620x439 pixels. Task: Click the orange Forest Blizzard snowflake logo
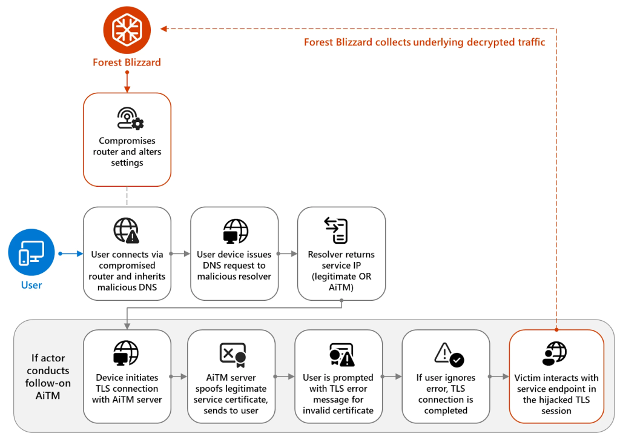[x=127, y=28]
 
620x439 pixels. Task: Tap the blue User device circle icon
[x=31, y=253]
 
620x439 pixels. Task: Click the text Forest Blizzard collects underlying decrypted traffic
[x=424, y=42]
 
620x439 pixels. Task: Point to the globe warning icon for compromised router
[x=127, y=230]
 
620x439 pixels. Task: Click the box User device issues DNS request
[x=234, y=253]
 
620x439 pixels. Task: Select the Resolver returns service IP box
[x=341, y=253]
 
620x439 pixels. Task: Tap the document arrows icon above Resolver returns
[x=337, y=230]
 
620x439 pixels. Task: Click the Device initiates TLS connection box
[x=127, y=376]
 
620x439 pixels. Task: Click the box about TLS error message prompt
[x=338, y=376]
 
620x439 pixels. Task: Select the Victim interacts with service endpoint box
[x=556, y=376]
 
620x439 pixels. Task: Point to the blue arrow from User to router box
[x=70, y=253]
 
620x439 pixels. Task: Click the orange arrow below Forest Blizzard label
[x=127, y=81]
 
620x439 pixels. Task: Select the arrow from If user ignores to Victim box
[x=500, y=377]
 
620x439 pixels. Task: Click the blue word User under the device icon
[x=31, y=285]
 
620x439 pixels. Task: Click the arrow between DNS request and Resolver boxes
[x=288, y=253]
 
